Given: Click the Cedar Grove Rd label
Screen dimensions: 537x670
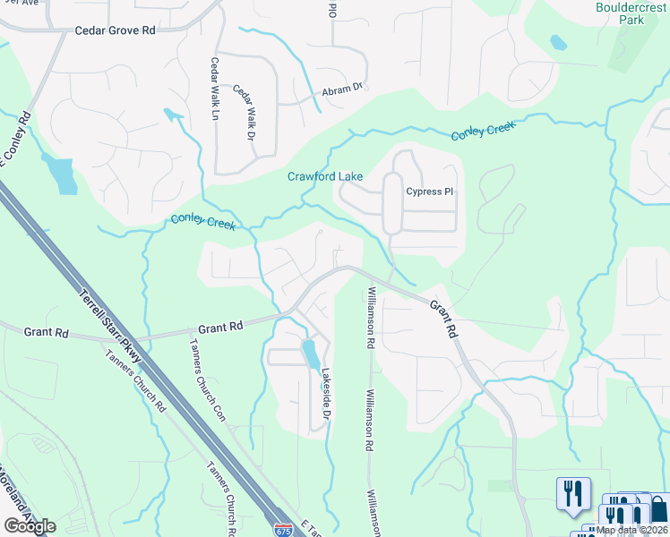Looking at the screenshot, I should pyautogui.click(x=115, y=30).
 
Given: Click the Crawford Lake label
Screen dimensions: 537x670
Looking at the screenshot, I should pyautogui.click(x=324, y=176).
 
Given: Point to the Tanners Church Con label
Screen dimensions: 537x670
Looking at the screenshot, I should pyautogui.click(x=207, y=380).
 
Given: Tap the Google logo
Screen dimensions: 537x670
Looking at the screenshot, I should pyautogui.click(x=30, y=526).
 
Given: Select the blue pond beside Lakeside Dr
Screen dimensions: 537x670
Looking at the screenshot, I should pyautogui.click(x=311, y=354).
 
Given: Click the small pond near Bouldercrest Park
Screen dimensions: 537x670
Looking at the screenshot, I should pyautogui.click(x=558, y=42).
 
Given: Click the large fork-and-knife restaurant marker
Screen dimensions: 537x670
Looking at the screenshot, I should pyautogui.click(x=573, y=494).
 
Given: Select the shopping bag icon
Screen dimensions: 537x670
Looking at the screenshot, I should pyautogui.click(x=657, y=509).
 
